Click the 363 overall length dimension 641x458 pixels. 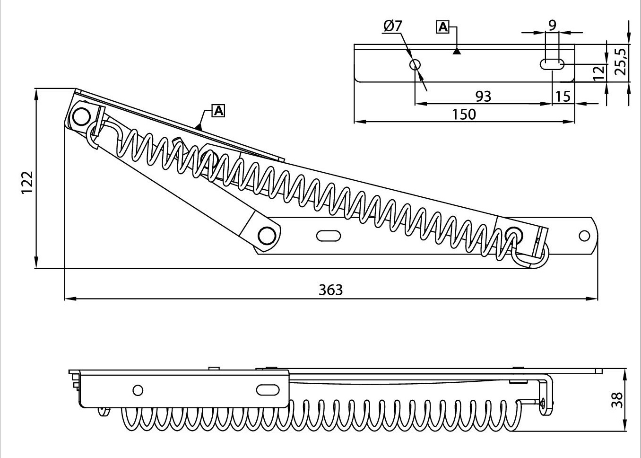(x=330, y=290)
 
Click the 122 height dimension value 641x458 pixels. (x=27, y=182)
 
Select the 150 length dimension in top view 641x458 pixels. (x=464, y=114)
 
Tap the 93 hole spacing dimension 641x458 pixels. (x=483, y=97)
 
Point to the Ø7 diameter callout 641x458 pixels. (x=393, y=26)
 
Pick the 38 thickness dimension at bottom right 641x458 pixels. (x=616, y=400)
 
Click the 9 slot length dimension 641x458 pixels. (x=552, y=24)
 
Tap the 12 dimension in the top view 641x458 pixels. (x=598, y=73)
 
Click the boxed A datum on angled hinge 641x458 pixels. (x=218, y=111)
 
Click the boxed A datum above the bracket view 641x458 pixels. (x=442, y=27)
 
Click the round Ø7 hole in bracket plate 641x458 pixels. (x=416, y=64)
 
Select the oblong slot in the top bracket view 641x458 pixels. (x=552, y=64)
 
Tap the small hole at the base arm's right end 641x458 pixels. (x=584, y=235)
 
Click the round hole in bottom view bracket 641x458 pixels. (x=138, y=390)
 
